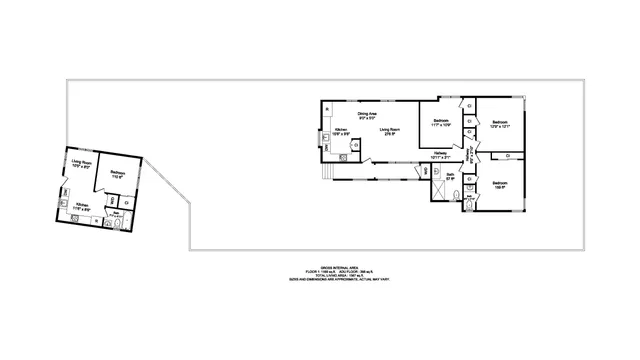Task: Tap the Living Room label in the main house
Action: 390,131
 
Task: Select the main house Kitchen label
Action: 340,131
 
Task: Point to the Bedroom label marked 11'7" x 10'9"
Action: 441,124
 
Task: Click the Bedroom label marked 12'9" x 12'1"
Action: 499,125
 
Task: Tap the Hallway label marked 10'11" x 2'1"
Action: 440,155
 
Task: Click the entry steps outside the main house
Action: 323,172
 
